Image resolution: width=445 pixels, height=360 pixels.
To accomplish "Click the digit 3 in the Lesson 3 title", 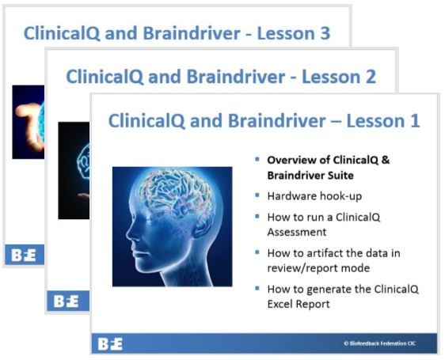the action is tap(325, 33).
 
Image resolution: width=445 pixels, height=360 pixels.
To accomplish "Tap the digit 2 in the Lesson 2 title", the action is tap(370, 77).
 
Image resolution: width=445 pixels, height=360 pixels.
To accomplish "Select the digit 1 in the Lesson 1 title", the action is tap(415, 121).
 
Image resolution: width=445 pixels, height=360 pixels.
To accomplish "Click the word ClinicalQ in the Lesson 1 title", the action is tap(146, 121).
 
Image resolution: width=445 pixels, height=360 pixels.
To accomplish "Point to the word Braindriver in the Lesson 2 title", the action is tap(236, 77).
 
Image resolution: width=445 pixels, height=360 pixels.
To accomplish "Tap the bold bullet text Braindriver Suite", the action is tap(310, 176).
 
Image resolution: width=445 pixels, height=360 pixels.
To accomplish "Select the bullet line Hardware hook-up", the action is tap(314, 196).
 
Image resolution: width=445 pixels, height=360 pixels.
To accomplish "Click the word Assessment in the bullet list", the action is tap(297, 232).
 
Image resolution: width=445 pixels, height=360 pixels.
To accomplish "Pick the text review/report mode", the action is tap(318, 268).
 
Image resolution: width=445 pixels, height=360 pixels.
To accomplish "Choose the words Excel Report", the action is tap(299, 304).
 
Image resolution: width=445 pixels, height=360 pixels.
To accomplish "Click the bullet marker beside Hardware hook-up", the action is tap(257, 195).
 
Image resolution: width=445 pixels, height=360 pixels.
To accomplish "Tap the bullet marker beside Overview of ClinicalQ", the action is tap(257, 159).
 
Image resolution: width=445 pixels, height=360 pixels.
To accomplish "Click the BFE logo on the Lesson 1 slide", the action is tap(110, 344).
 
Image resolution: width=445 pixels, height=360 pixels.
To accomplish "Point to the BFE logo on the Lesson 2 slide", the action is tap(66, 301).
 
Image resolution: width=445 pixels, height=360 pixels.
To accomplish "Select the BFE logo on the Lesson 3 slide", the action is tap(24, 255).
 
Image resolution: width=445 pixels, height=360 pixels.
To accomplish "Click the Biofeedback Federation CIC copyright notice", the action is tap(380, 343).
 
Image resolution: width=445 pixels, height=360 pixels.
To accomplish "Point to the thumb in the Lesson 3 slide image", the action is tap(25, 110).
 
